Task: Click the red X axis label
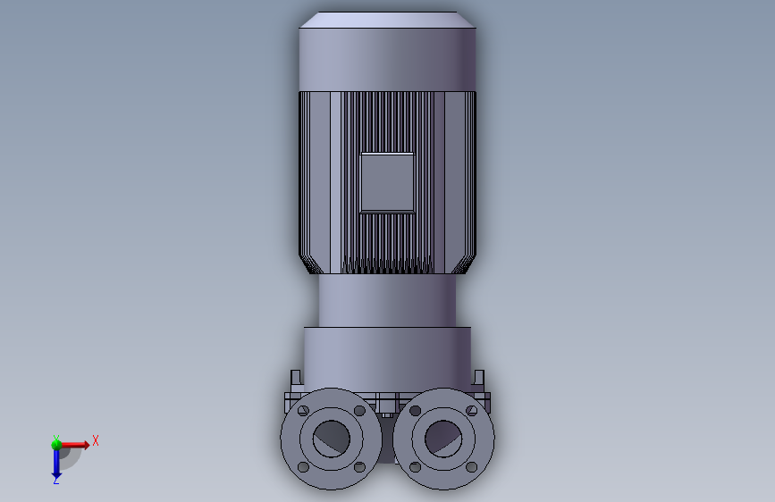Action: pyautogui.click(x=96, y=440)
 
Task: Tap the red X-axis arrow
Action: pyautogui.click(x=74, y=445)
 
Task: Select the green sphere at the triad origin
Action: pyautogui.click(x=56, y=444)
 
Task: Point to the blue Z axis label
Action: pyautogui.click(x=56, y=480)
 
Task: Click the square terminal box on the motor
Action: pyautogui.click(x=387, y=183)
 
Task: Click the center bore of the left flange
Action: pyautogui.click(x=331, y=439)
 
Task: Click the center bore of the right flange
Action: pyautogui.click(x=443, y=439)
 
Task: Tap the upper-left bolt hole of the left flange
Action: pyautogui.click(x=304, y=411)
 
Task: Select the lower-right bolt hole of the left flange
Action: pyautogui.click(x=360, y=467)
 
